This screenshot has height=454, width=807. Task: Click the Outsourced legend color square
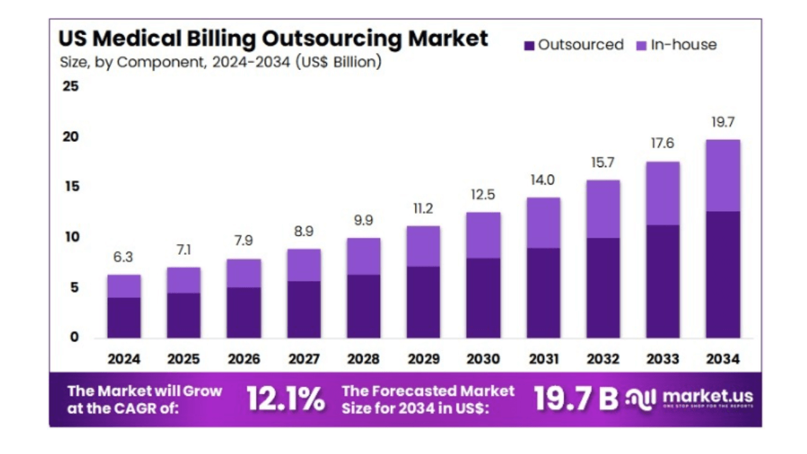pos(530,45)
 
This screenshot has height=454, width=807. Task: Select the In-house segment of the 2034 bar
pos(723,175)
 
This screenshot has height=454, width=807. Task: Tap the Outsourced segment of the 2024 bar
pos(124,317)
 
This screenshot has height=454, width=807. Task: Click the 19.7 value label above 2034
pos(723,122)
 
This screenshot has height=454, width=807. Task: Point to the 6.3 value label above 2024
pos(124,257)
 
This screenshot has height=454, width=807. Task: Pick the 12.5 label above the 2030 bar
pos(483,195)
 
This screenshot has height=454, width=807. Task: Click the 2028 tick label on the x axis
pos(363,359)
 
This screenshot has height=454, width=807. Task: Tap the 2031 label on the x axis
pos(543,359)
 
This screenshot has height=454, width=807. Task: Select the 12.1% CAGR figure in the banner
pos(286,399)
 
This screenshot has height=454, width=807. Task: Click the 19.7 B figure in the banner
pos(576,399)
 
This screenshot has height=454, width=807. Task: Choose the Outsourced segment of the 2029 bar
pos(423,301)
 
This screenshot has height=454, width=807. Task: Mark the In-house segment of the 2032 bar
pos(603,209)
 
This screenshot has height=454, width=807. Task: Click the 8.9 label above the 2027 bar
pos(303,231)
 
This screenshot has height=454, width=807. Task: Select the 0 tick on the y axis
pos(74,337)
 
